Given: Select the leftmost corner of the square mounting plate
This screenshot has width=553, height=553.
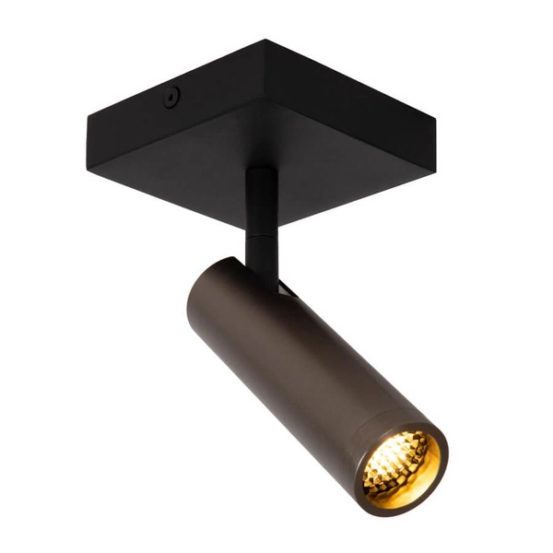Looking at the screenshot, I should (88, 117).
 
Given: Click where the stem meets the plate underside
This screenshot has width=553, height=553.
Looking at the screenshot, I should (259, 171).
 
